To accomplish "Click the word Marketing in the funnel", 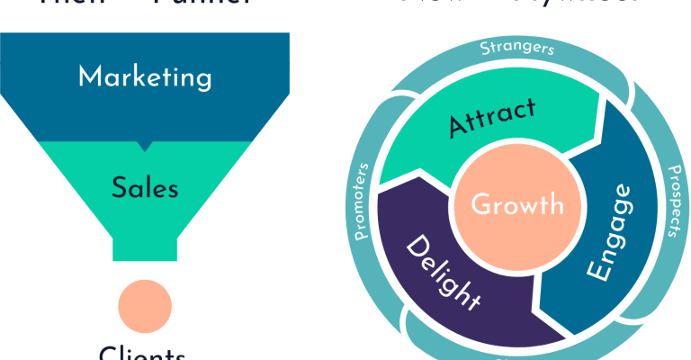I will click(x=145, y=76).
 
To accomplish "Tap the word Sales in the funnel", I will click(x=145, y=188).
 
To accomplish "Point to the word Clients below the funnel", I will click(x=143, y=353).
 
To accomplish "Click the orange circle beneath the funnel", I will click(x=145, y=304).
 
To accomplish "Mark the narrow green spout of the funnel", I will click(x=145, y=245).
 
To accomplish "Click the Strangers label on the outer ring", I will click(x=516, y=48).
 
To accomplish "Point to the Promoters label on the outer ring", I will click(x=361, y=202).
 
